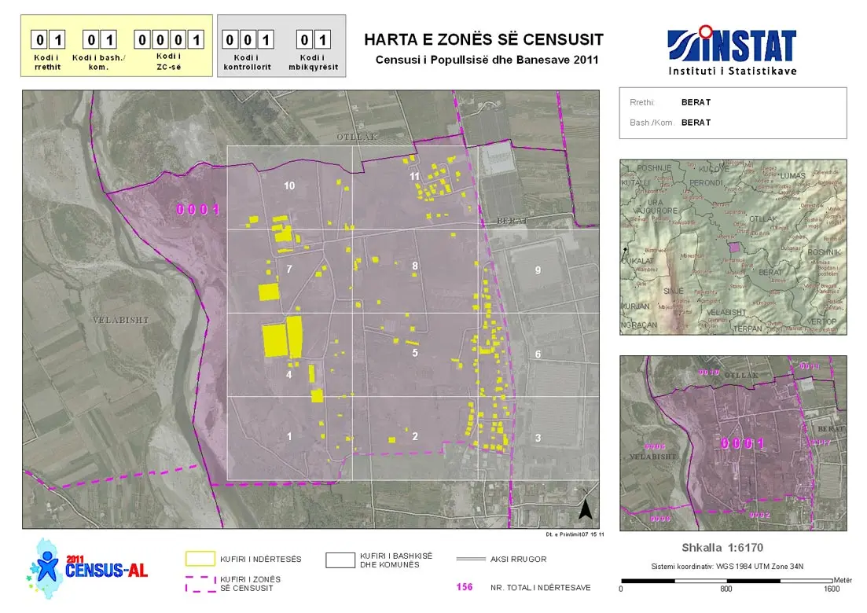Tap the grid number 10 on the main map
pos(289,185)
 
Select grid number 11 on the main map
pos(415,177)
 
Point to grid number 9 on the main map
pos(538,270)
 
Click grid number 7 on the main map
pos(289,270)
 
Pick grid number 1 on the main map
pos(289,436)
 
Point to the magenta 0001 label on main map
pos(197,210)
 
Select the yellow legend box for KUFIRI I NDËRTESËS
pos(200,559)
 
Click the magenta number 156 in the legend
pos(465,587)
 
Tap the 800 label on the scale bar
pos(726,589)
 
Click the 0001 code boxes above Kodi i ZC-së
pos(169,39)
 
